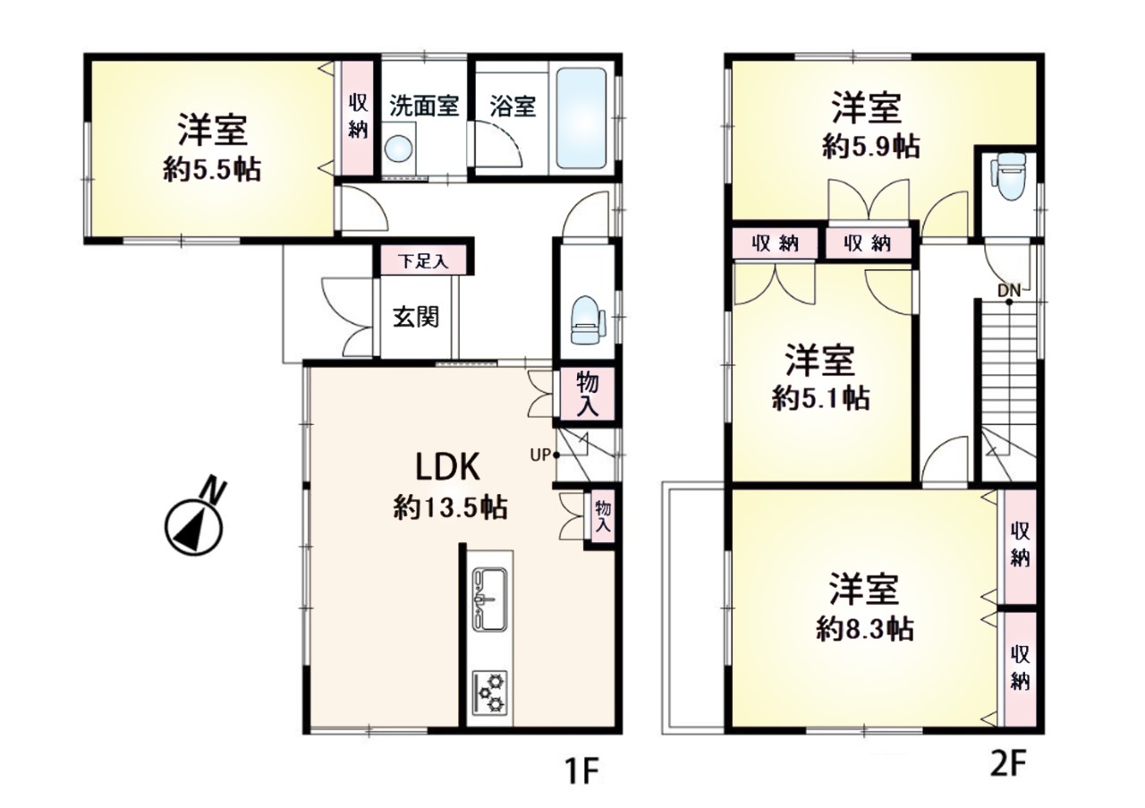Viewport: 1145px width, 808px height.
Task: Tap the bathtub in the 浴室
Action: [x=581, y=119]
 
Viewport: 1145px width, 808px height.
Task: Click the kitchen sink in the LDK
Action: [x=489, y=600]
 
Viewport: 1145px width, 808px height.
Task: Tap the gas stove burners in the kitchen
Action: [x=489, y=693]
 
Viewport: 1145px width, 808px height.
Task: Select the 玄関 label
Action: [x=416, y=317]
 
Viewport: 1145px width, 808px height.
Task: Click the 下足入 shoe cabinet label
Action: [x=423, y=262]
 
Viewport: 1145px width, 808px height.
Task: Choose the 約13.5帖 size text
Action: [x=450, y=509]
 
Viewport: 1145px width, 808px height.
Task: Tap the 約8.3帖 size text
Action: [x=864, y=630]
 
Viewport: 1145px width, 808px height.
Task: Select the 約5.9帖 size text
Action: [x=871, y=148]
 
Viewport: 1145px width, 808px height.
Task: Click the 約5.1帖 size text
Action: [x=820, y=398]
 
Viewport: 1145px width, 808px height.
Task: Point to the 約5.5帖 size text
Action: [x=212, y=170]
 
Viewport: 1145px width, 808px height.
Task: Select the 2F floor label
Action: [x=1007, y=764]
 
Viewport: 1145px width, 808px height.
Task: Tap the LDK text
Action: [x=447, y=467]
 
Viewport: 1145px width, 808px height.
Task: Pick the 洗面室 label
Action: [x=424, y=106]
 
